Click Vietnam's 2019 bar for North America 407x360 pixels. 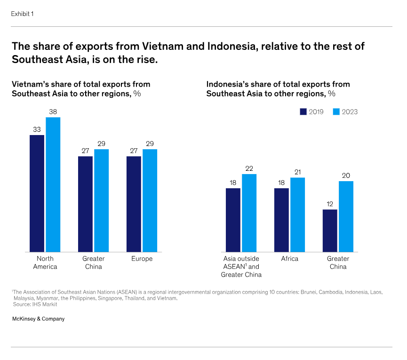(37, 193)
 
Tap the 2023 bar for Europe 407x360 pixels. (150, 200)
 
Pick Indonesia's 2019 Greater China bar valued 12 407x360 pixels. (330, 231)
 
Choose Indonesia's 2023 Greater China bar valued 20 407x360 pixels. (346, 216)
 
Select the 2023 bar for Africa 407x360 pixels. (297, 215)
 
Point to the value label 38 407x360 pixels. (53, 112)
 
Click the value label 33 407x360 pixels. (37, 129)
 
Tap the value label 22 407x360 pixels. (249, 168)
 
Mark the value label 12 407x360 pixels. (330, 204)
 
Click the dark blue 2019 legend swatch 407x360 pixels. (303, 112)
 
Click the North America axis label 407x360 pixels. (45, 263)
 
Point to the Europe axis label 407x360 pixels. (142, 259)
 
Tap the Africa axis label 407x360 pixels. (289, 259)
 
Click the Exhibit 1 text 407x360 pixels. (22, 14)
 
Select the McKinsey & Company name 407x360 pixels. (38, 319)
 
